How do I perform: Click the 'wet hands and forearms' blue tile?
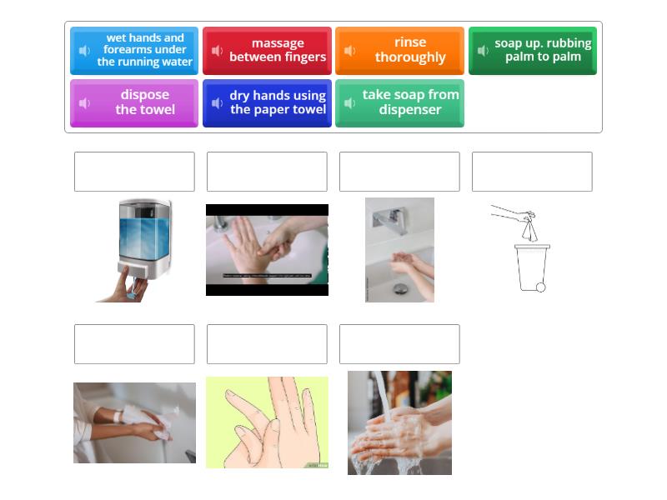click(134, 51)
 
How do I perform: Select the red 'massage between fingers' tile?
click(267, 51)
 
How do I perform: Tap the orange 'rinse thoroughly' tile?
click(400, 51)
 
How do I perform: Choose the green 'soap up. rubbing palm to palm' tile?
click(533, 51)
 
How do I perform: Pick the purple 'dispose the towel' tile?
click(134, 102)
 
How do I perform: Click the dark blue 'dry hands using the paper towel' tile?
click(267, 102)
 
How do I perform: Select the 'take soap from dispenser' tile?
click(400, 102)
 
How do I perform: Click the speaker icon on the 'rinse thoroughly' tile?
click(350, 51)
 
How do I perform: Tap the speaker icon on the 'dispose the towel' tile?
click(85, 103)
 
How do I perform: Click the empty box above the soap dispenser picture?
click(134, 172)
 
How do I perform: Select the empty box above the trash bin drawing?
click(532, 172)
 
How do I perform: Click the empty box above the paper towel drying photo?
click(134, 344)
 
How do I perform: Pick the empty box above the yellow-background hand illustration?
click(267, 344)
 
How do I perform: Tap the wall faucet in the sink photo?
click(389, 219)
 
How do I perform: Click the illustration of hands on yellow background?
click(267, 422)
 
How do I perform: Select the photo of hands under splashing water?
click(399, 422)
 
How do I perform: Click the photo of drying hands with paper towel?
click(134, 422)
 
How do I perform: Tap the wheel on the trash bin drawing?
click(540, 287)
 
